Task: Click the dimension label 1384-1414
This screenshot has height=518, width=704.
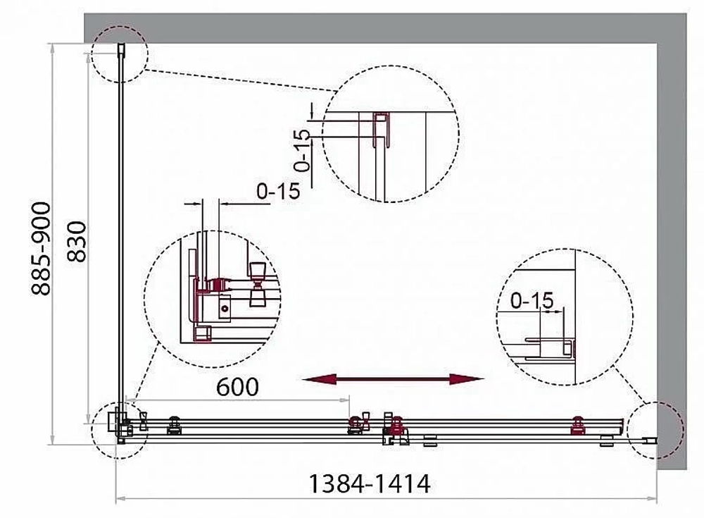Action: point(370,484)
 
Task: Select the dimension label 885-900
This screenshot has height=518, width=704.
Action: point(42,249)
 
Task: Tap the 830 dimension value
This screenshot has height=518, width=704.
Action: point(77,242)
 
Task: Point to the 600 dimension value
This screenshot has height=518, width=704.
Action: point(237,387)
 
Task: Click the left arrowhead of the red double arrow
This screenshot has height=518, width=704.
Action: point(319,379)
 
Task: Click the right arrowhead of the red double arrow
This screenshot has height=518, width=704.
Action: point(467,379)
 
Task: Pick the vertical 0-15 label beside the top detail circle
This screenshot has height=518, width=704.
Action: point(303,151)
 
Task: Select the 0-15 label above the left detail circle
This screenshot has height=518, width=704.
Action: point(278,192)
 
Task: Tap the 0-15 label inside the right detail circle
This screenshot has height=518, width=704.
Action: point(532,300)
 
